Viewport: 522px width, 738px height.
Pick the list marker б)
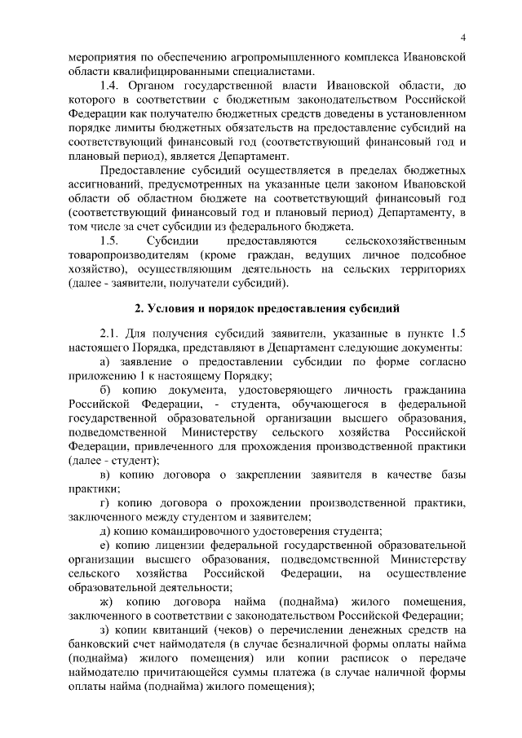coord(105,386)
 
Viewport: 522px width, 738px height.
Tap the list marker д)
coord(105,530)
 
